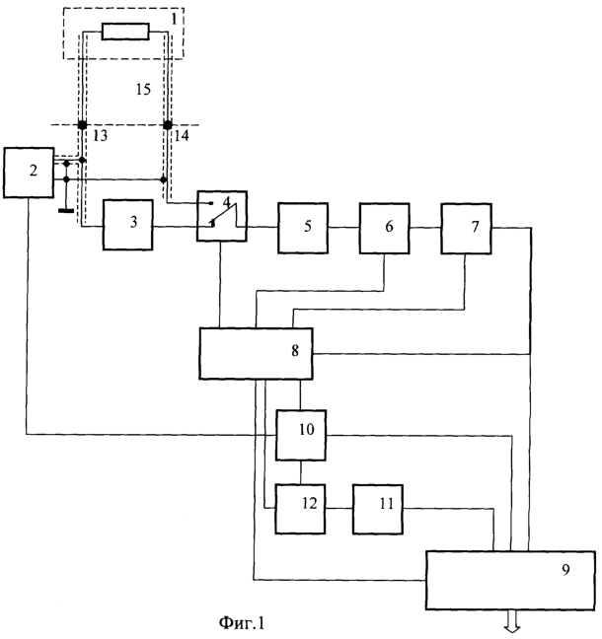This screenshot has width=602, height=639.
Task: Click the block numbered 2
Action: pyautogui.click(x=29, y=173)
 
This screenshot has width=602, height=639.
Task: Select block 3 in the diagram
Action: pyautogui.click(x=127, y=225)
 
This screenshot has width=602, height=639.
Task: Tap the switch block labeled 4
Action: pyautogui.click(x=222, y=216)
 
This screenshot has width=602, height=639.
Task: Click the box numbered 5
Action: pyautogui.click(x=303, y=228)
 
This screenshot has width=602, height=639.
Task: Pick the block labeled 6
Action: pyautogui.click(x=385, y=228)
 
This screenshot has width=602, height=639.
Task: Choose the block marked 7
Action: pyautogui.click(x=466, y=229)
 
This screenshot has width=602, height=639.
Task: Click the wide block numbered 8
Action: pyautogui.click(x=257, y=354)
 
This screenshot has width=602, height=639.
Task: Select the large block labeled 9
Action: pyautogui.click(x=510, y=580)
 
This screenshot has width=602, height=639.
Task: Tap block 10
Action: pyautogui.click(x=301, y=435)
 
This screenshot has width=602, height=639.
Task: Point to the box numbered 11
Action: pyautogui.click(x=378, y=510)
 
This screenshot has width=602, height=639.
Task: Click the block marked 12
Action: pyautogui.click(x=301, y=509)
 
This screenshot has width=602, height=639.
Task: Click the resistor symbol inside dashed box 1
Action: pyautogui.click(x=125, y=32)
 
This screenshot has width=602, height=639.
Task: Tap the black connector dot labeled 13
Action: pyautogui.click(x=82, y=124)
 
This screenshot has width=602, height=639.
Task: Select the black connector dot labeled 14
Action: pyautogui.click(x=167, y=124)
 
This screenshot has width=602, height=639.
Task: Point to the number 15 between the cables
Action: pyautogui.click(x=143, y=90)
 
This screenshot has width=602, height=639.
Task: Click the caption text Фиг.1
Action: pyautogui.click(x=242, y=623)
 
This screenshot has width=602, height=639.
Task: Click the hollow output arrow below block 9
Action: pyautogui.click(x=512, y=622)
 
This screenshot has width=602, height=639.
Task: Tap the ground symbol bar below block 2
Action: pyautogui.click(x=66, y=211)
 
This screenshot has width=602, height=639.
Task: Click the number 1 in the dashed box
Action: pyautogui.click(x=174, y=19)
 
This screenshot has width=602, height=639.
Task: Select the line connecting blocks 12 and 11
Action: pyautogui.click(x=339, y=508)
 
